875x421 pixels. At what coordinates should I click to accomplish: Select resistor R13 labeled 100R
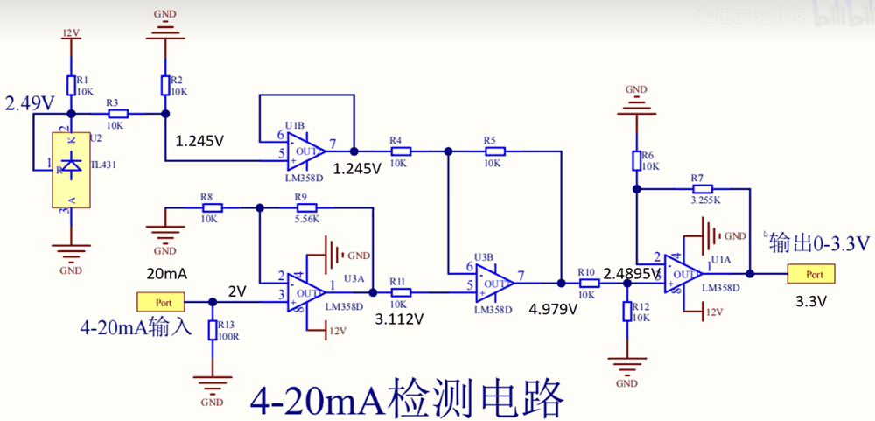[213, 329]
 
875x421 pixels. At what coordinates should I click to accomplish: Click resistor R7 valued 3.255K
[703, 188]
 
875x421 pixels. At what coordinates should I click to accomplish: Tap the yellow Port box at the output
[810, 274]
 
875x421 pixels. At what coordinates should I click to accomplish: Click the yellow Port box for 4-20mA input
[159, 302]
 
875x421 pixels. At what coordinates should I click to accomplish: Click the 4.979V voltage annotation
[553, 309]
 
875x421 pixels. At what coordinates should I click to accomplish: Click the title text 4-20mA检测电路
[405, 397]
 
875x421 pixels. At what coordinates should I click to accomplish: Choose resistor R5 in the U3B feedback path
[492, 151]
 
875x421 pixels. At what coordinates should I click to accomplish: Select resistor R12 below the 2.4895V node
[627, 312]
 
